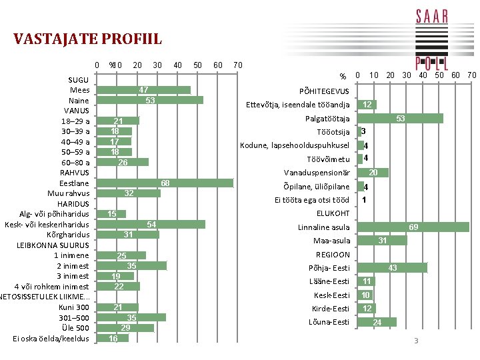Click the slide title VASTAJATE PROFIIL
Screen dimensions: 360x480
click(x=87, y=39)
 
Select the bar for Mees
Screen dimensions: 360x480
click(x=143, y=90)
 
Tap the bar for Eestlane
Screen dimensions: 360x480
click(x=165, y=183)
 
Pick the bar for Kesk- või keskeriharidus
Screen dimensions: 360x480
click(x=151, y=225)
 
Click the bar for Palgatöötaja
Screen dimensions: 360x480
click(x=400, y=119)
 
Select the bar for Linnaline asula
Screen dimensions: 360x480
click(x=413, y=227)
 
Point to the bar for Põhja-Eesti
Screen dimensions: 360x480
click(x=392, y=268)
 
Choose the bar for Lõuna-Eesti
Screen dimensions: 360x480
click(x=377, y=322)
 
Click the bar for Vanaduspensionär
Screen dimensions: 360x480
click(x=373, y=173)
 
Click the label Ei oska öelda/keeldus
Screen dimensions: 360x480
click(x=51, y=338)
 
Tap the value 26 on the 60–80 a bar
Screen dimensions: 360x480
click(x=123, y=162)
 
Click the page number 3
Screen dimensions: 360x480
click(x=415, y=341)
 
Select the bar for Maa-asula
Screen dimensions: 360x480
click(x=382, y=241)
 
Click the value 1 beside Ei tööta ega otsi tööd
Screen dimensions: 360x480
click(x=364, y=200)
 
